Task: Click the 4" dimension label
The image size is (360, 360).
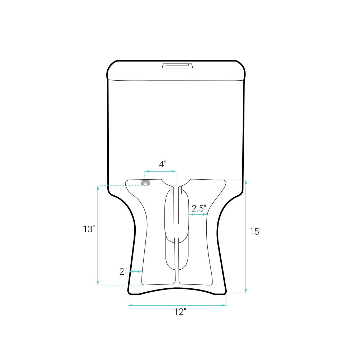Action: (163, 164)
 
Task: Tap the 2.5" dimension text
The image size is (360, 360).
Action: (199, 208)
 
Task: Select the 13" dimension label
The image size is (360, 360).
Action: (89, 229)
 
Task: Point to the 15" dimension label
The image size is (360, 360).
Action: (255, 231)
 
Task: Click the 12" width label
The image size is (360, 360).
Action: (180, 312)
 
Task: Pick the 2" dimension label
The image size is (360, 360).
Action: (123, 272)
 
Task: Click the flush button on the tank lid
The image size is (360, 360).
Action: (177, 66)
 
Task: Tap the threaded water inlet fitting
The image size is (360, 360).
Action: (146, 182)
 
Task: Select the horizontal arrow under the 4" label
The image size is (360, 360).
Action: (160, 171)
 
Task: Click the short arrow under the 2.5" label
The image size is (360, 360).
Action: (198, 215)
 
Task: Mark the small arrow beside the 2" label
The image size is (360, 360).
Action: (136, 271)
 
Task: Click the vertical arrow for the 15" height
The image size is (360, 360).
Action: (246, 236)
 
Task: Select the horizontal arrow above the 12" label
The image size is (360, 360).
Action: (177, 305)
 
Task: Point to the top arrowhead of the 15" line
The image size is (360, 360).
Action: (246, 182)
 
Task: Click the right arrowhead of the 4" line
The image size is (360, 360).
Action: (174, 171)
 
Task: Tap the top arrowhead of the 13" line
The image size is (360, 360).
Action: (98, 188)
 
